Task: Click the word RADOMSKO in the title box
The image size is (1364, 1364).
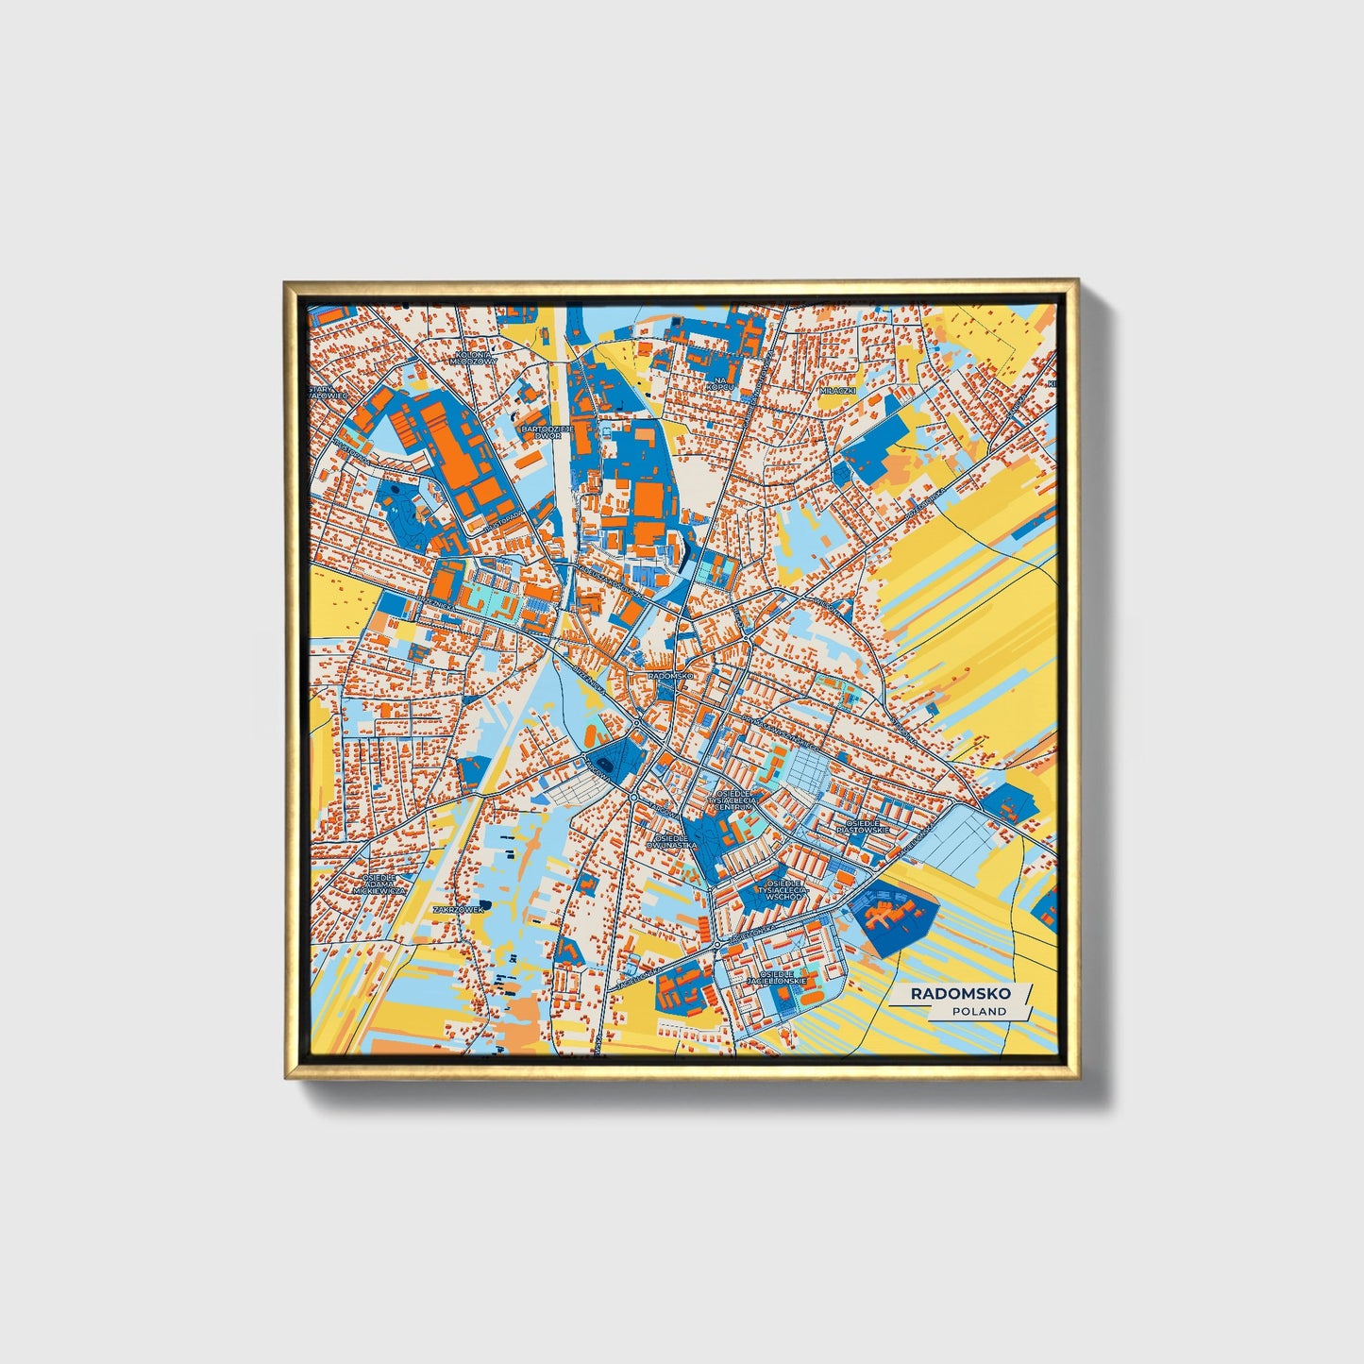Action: (x=960, y=993)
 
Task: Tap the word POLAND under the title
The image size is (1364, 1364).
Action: (x=979, y=1011)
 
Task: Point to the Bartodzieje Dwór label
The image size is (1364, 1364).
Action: (x=547, y=431)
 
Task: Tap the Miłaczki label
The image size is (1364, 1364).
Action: (x=836, y=389)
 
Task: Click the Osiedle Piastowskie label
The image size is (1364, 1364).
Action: (x=867, y=826)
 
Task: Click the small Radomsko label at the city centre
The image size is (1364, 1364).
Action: (x=671, y=677)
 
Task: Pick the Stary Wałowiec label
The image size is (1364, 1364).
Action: (x=328, y=393)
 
